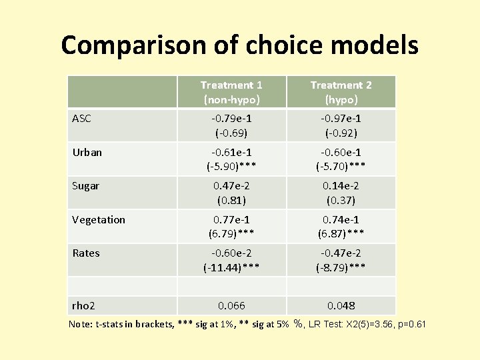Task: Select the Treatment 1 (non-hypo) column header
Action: (231, 92)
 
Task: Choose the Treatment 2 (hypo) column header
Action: (341, 92)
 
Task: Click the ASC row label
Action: (82, 119)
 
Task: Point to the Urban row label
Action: (87, 152)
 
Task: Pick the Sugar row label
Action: (85, 186)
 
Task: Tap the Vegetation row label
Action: (98, 219)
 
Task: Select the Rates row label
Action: (85, 253)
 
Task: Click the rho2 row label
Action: (83, 305)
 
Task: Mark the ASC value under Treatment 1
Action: (231, 125)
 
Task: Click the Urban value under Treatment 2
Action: (341, 159)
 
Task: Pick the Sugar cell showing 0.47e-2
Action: (231, 186)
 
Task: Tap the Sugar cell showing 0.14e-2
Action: (341, 186)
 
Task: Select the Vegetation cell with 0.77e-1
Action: (231, 219)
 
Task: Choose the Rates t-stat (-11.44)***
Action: (231, 267)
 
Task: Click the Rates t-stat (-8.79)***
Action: (341, 267)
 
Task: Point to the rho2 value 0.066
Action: (231, 305)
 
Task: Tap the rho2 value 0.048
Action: (341, 305)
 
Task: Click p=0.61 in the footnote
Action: (413, 325)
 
